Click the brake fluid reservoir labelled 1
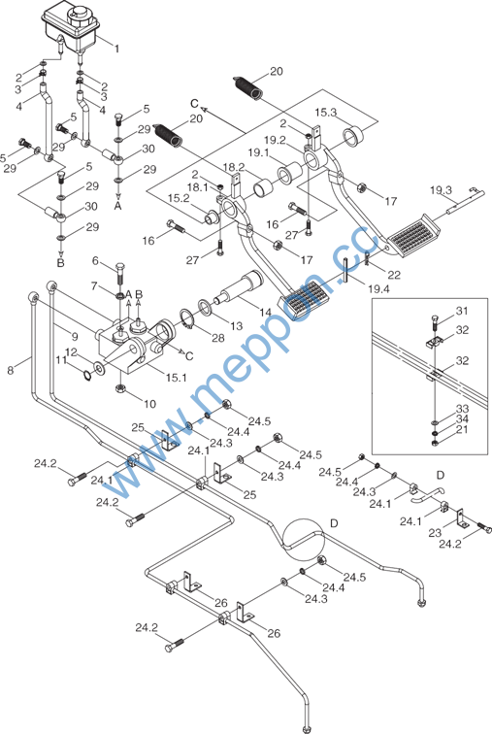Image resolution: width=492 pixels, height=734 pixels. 70,28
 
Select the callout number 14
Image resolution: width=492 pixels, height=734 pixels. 266,313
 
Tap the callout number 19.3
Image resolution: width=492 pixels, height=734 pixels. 441,190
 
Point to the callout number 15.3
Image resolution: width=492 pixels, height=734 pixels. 326,113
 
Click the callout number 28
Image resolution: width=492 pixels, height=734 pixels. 218,338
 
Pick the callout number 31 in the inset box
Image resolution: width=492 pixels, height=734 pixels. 462,311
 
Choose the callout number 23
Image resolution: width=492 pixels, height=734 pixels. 435,533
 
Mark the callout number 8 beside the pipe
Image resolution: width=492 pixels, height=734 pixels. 11,370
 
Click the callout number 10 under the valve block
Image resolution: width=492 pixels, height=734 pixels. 149,404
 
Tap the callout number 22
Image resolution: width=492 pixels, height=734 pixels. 394,275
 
